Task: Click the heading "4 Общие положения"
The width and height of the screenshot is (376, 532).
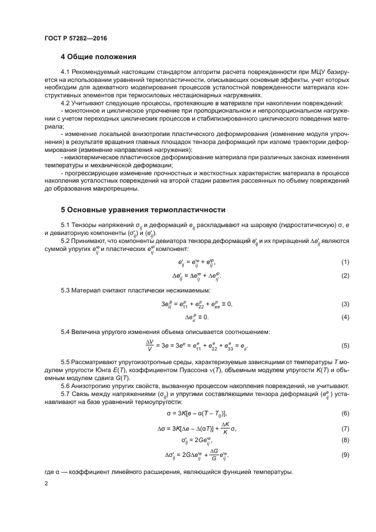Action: point(98,57)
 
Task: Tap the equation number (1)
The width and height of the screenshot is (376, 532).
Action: point(345,262)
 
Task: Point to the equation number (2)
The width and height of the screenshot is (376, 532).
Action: point(345,276)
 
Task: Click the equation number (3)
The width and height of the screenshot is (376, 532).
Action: point(345,304)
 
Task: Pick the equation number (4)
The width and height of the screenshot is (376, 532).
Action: point(345,317)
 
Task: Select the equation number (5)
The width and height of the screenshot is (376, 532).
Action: point(345,345)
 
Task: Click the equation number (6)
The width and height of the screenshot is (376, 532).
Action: point(345,413)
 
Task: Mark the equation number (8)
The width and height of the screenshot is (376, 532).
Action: point(345,440)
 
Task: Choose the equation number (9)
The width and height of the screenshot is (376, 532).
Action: point(345,455)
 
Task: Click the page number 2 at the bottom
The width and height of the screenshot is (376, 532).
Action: point(47,484)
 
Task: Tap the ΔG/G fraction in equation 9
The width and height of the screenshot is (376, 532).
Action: point(214,455)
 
